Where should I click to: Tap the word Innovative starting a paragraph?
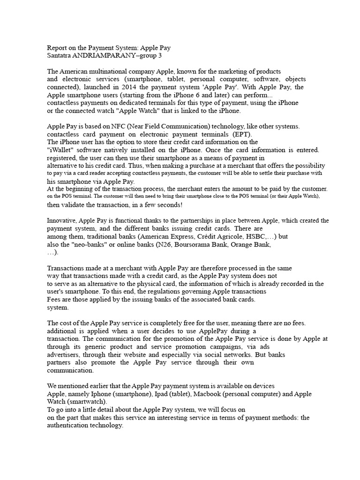pyautogui.click(x=62, y=220)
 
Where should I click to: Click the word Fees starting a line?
pyautogui.click(x=55, y=300)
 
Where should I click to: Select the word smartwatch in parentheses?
pyautogui.click(x=92, y=402)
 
